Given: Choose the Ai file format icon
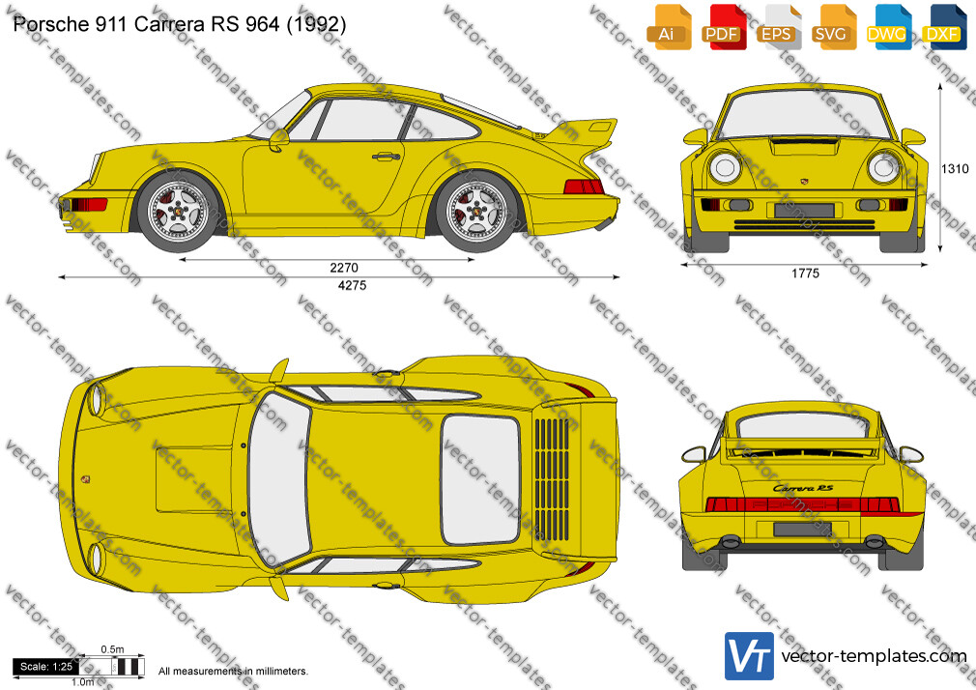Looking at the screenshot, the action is click(x=669, y=27).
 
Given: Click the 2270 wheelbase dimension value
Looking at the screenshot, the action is click(x=344, y=268).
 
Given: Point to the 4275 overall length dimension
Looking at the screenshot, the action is click(x=352, y=286).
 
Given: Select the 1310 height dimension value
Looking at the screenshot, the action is click(x=954, y=169).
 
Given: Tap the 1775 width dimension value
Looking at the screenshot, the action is click(x=805, y=273).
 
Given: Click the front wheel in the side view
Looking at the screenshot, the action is click(x=178, y=212).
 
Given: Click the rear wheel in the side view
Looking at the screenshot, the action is click(x=476, y=212).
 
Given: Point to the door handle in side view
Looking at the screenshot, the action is click(x=386, y=156).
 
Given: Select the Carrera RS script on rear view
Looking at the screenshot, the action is click(x=803, y=488).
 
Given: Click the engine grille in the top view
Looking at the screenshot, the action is click(x=552, y=479).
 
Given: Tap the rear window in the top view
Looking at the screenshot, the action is click(x=480, y=479).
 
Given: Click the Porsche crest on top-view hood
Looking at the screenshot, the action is click(x=85, y=479).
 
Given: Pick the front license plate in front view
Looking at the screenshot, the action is click(x=804, y=211).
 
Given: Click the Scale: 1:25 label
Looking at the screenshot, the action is click(x=46, y=667).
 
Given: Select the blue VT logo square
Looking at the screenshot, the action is click(x=750, y=656).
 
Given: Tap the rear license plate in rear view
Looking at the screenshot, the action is click(x=802, y=530).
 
